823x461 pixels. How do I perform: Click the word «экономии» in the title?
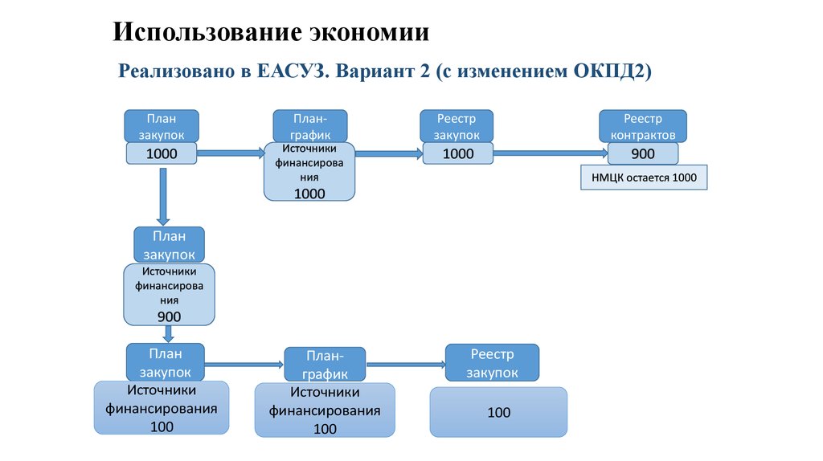[369, 33]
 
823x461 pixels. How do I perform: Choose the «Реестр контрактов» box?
[643, 126]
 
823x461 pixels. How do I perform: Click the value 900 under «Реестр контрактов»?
[643, 153]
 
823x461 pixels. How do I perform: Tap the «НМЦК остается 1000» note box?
[644, 177]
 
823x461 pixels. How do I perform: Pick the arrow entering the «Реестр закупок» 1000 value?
[389, 153]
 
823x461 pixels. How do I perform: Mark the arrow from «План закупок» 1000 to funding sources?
[231, 153]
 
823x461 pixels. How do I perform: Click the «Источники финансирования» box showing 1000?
[309, 172]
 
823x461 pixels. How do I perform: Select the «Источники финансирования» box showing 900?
[170, 295]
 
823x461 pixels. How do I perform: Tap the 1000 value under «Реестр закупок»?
[458, 153]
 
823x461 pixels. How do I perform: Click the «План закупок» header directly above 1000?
[161, 126]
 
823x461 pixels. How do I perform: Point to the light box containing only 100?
[498, 412]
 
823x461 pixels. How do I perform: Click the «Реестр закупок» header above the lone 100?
[492, 363]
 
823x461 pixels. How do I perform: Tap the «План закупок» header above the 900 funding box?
[170, 244]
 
